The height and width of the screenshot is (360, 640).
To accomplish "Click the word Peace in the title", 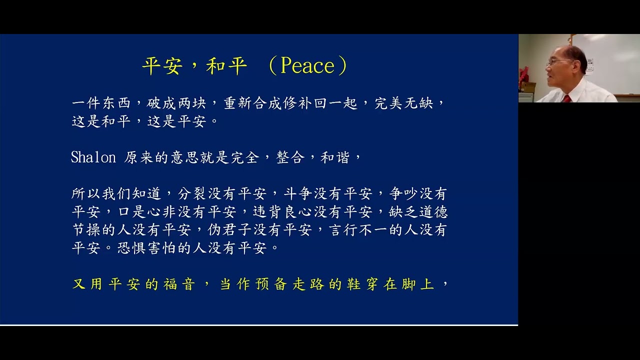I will (x=307, y=66).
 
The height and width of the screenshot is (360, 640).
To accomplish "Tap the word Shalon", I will (x=93, y=157).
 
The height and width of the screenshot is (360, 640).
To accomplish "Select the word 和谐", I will (x=335, y=157).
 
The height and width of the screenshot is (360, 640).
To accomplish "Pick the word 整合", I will (x=290, y=157).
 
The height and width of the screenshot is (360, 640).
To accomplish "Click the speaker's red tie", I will (x=566, y=98).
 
